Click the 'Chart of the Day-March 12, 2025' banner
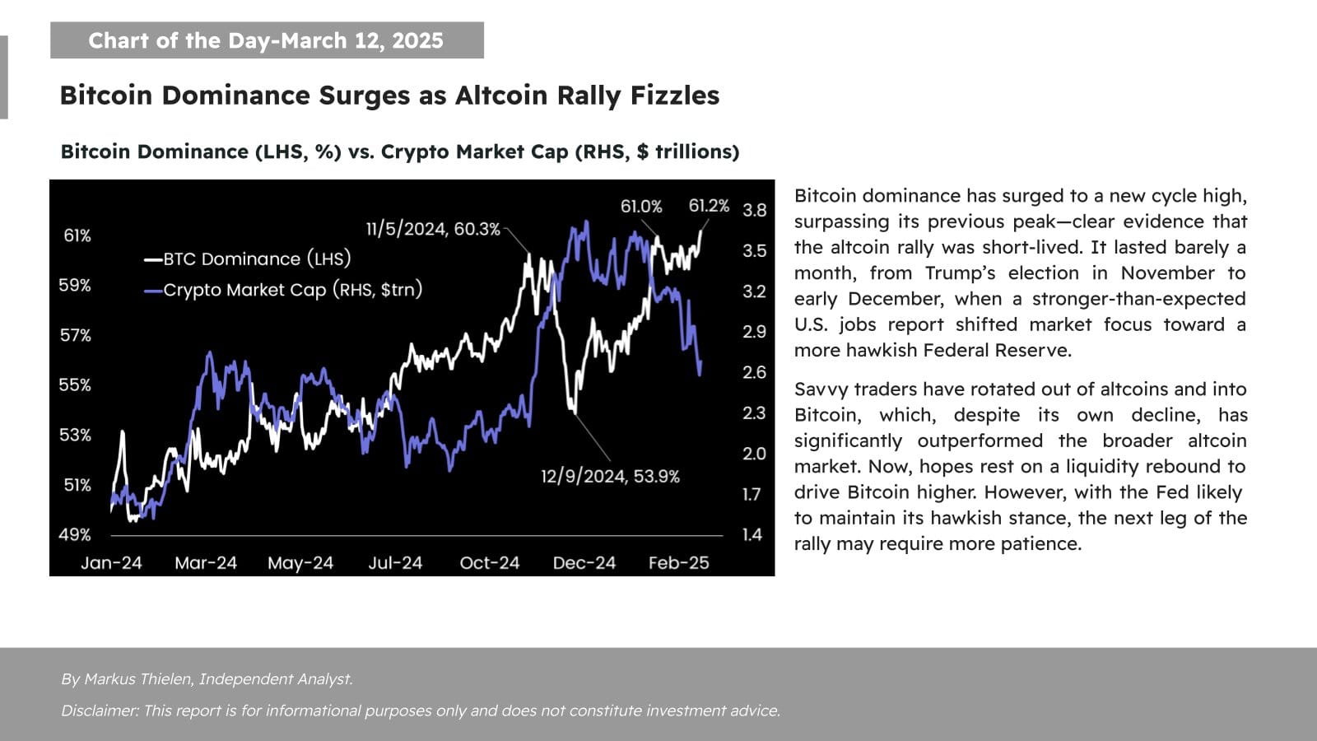(x=266, y=40)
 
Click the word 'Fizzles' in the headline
(x=674, y=96)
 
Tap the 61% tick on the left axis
(x=77, y=235)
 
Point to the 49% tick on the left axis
(x=74, y=534)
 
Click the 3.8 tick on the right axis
(x=754, y=210)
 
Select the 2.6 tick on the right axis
(x=754, y=372)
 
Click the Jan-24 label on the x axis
(x=111, y=563)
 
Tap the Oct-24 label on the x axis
(x=490, y=563)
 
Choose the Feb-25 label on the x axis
(x=678, y=563)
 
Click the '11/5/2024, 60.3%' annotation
(x=433, y=229)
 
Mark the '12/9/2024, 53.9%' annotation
(x=610, y=477)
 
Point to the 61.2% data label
(x=709, y=206)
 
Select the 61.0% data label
(x=641, y=207)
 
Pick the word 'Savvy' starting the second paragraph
(x=819, y=389)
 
